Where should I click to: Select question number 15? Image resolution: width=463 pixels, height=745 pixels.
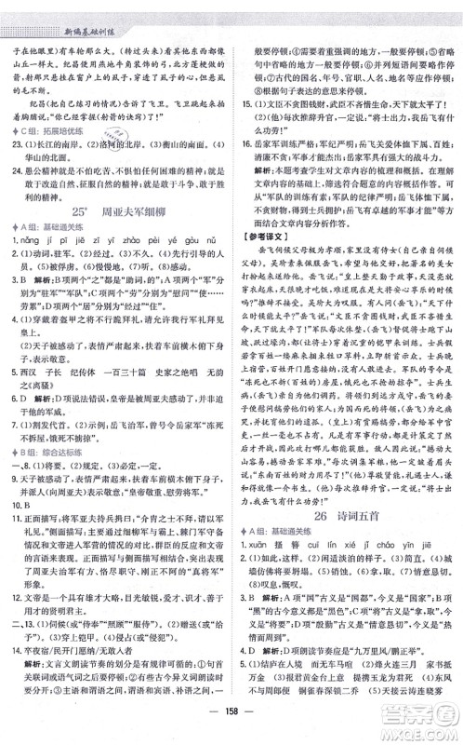pos(242,108)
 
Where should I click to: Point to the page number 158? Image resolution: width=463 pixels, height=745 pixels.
pos(231,726)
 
